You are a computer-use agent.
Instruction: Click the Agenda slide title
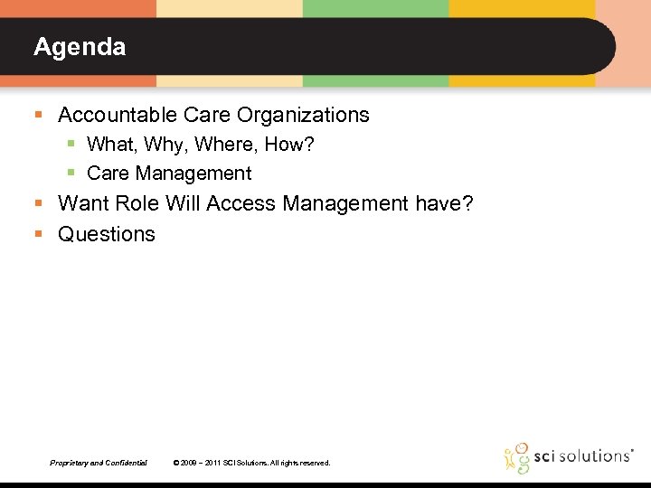click(x=80, y=47)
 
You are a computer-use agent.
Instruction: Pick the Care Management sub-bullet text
click(x=169, y=173)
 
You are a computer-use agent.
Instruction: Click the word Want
click(x=83, y=203)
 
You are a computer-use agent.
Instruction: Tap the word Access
click(x=241, y=203)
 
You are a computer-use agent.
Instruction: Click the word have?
click(x=444, y=203)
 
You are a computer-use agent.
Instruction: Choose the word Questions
click(x=107, y=234)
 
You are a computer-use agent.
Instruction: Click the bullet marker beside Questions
click(x=38, y=234)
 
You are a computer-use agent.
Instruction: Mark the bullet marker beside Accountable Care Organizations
click(x=38, y=116)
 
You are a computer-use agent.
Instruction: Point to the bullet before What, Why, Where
click(x=71, y=145)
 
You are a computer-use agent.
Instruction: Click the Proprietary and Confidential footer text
click(x=99, y=463)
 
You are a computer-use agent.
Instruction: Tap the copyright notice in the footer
click(x=251, y=463)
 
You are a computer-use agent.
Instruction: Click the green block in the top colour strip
click(x=375, y=8)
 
